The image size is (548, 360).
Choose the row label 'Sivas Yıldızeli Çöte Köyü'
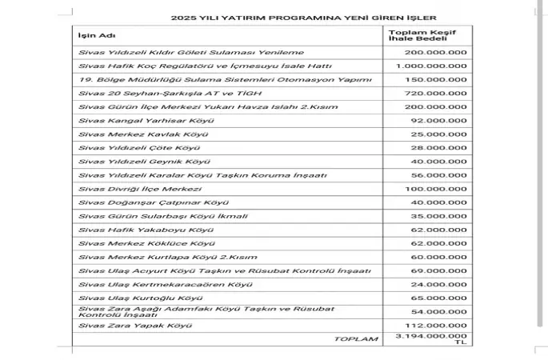click(x=130, y=148)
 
